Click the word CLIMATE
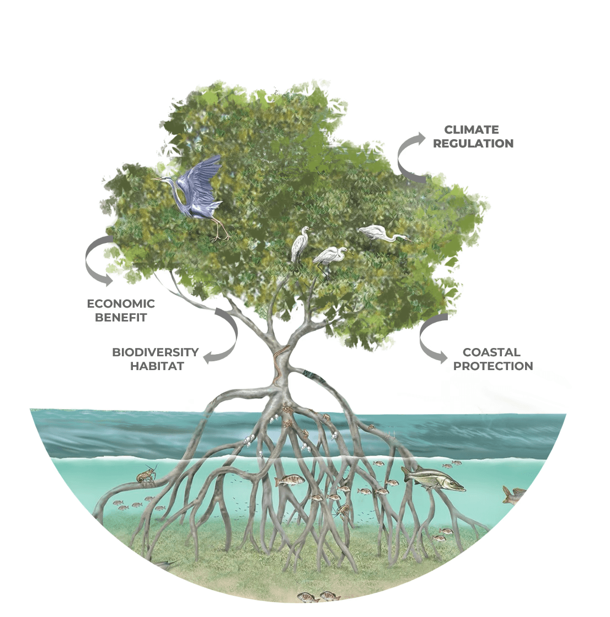(x=471, y=130)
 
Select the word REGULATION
(x=473, y=144)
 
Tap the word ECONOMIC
(x=121, y=304)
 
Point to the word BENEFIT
(x=121, y=318)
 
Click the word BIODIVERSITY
(x=155, y=352)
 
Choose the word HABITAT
(x=157, y=366)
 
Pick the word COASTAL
(x=491, y=352)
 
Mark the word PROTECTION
(x=493, y=366)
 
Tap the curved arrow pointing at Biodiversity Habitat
(x=223, y=337)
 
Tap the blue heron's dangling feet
(x=221, y=235)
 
